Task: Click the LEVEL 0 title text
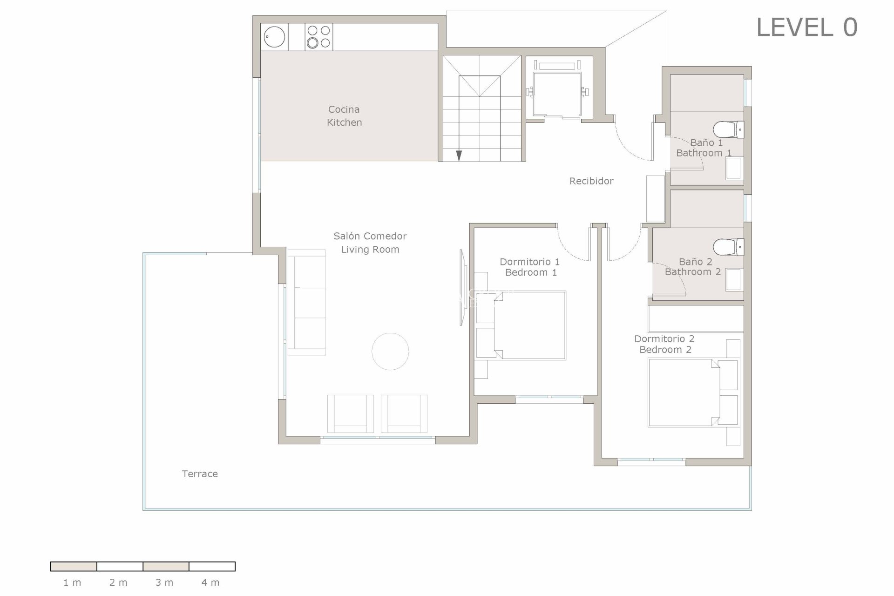click(x=806, y=27)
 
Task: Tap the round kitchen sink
click(x=274, y=37)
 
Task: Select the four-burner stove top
click(x=319, y=37)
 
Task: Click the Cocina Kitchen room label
click(x=344, y=116)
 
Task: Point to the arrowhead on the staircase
click(x=459, y=156)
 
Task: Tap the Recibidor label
click(x=591, y=181)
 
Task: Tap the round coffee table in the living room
click(x=390, y=352)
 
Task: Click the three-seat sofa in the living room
click(x=306, y=303)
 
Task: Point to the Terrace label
click(x=200, y=474)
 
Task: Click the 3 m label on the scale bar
click(x=164, y=582)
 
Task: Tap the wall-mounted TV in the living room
click(x=462, y=287)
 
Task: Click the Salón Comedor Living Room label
click(x=370, y=243)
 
